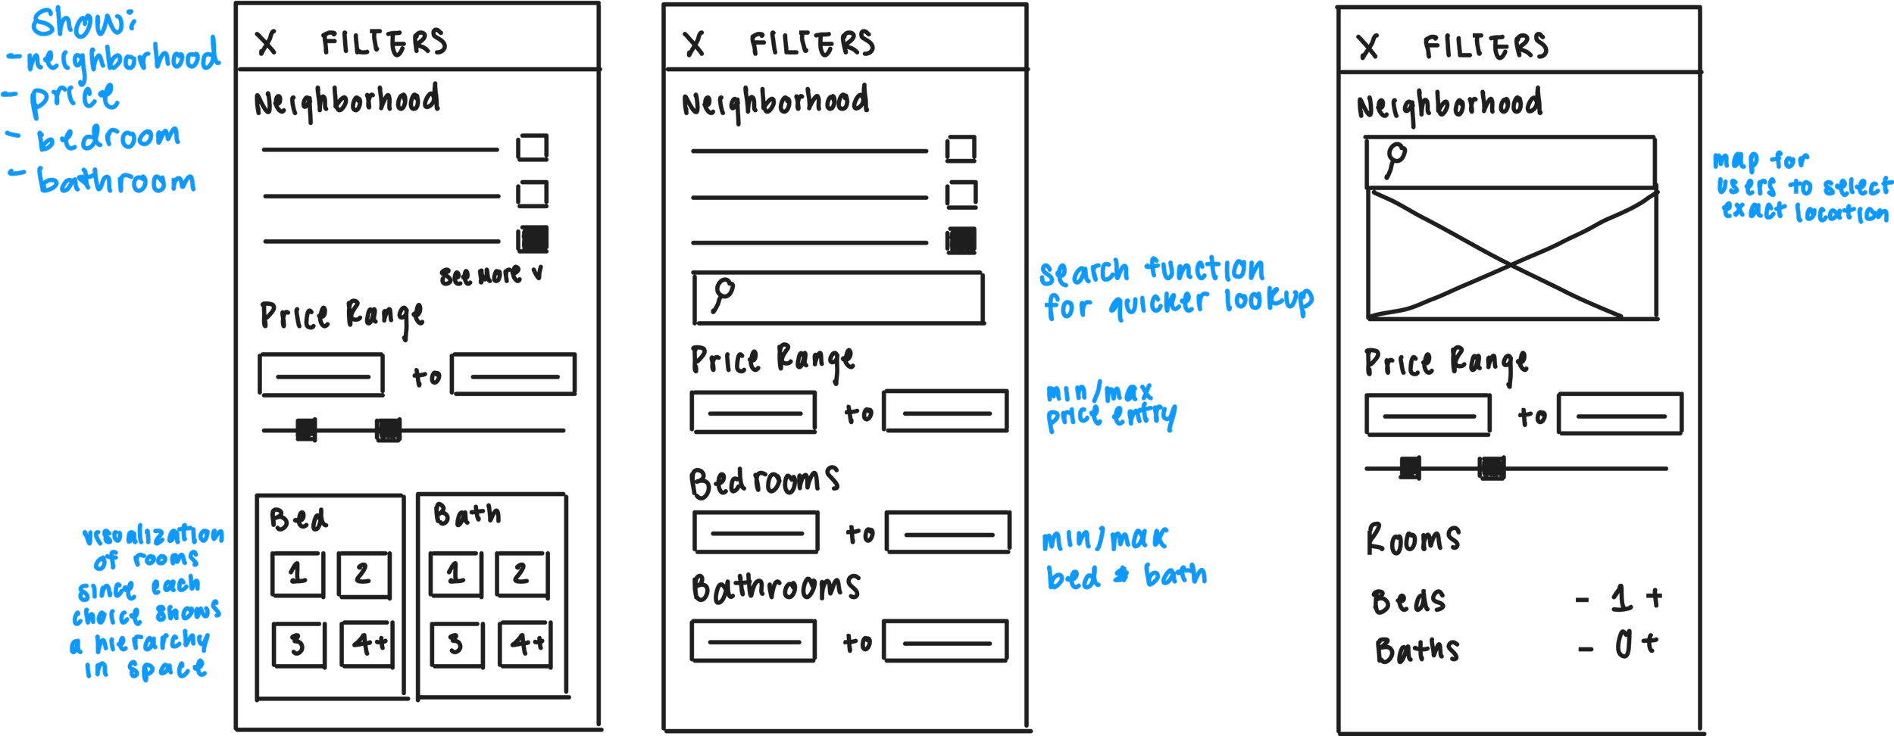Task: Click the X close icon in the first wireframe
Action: (266, 43)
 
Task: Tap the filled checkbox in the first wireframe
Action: (533, 239)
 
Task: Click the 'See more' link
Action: (491, 276)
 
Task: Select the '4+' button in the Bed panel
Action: (368, 644)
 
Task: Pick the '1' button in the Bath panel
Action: (455, 574)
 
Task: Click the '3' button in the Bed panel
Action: (298, 644)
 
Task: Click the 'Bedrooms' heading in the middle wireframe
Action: (764, 482)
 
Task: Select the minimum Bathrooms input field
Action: (754, 641)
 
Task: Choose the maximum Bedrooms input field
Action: (949, 532)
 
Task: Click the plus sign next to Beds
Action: (1655, 597)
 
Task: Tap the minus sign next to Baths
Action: (1586, 649)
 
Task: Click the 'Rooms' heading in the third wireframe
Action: (1413, 539)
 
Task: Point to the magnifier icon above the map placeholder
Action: (1395, 160)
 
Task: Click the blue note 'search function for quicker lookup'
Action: (1176, 288)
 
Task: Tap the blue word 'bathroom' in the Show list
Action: (117, 182)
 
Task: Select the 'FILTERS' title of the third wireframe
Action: (1485, 47)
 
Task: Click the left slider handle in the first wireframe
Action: (306, 430)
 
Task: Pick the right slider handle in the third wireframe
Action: (1492, 468)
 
